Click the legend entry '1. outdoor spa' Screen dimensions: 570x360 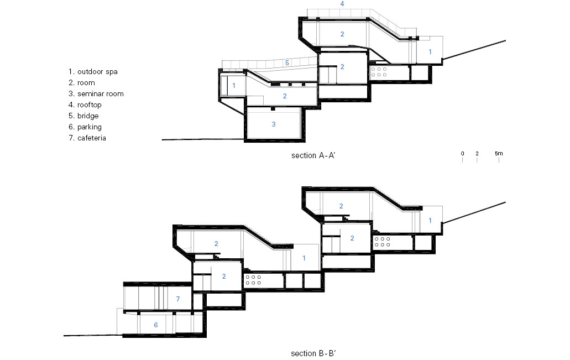93,72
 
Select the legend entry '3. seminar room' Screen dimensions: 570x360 96,94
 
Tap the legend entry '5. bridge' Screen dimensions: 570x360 83,116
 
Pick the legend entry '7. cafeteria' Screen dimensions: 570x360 87,138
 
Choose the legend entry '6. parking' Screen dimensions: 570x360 85,127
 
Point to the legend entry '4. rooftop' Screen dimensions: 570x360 85,105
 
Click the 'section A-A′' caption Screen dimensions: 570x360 313,155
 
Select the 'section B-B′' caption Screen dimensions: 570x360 313,353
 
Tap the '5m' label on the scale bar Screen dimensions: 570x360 499,153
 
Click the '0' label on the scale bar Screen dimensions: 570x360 462,153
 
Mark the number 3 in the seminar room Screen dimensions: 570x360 274,124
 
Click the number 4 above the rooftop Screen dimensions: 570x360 342,4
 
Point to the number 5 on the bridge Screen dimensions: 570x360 287,63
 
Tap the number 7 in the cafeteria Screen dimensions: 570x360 178,299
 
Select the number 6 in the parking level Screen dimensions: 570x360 155,325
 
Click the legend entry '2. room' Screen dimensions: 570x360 82,83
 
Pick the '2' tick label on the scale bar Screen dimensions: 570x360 477,153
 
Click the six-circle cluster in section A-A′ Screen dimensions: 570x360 379,72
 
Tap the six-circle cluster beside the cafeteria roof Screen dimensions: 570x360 253,280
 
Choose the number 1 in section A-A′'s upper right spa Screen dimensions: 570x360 430,52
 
